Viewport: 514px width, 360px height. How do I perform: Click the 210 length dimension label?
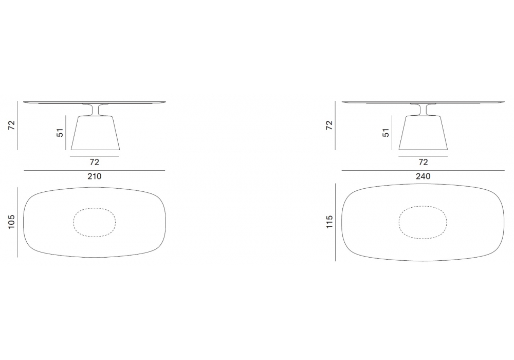coord(95,176)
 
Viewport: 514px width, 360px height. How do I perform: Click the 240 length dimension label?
coord(423,176)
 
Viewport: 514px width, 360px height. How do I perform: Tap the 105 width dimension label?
coord(11,222)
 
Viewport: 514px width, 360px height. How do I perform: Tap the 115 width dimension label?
coord(329,222)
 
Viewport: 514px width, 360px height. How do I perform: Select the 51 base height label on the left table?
coord(60,133)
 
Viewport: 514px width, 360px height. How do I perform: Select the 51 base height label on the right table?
coord(386,133)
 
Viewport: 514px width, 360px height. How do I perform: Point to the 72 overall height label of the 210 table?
coord(12,125)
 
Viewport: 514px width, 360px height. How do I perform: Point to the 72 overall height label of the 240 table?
coord(329,125)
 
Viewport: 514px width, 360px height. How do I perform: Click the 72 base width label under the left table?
coord(95,163)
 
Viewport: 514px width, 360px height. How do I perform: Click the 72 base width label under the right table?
coord(423,163)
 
